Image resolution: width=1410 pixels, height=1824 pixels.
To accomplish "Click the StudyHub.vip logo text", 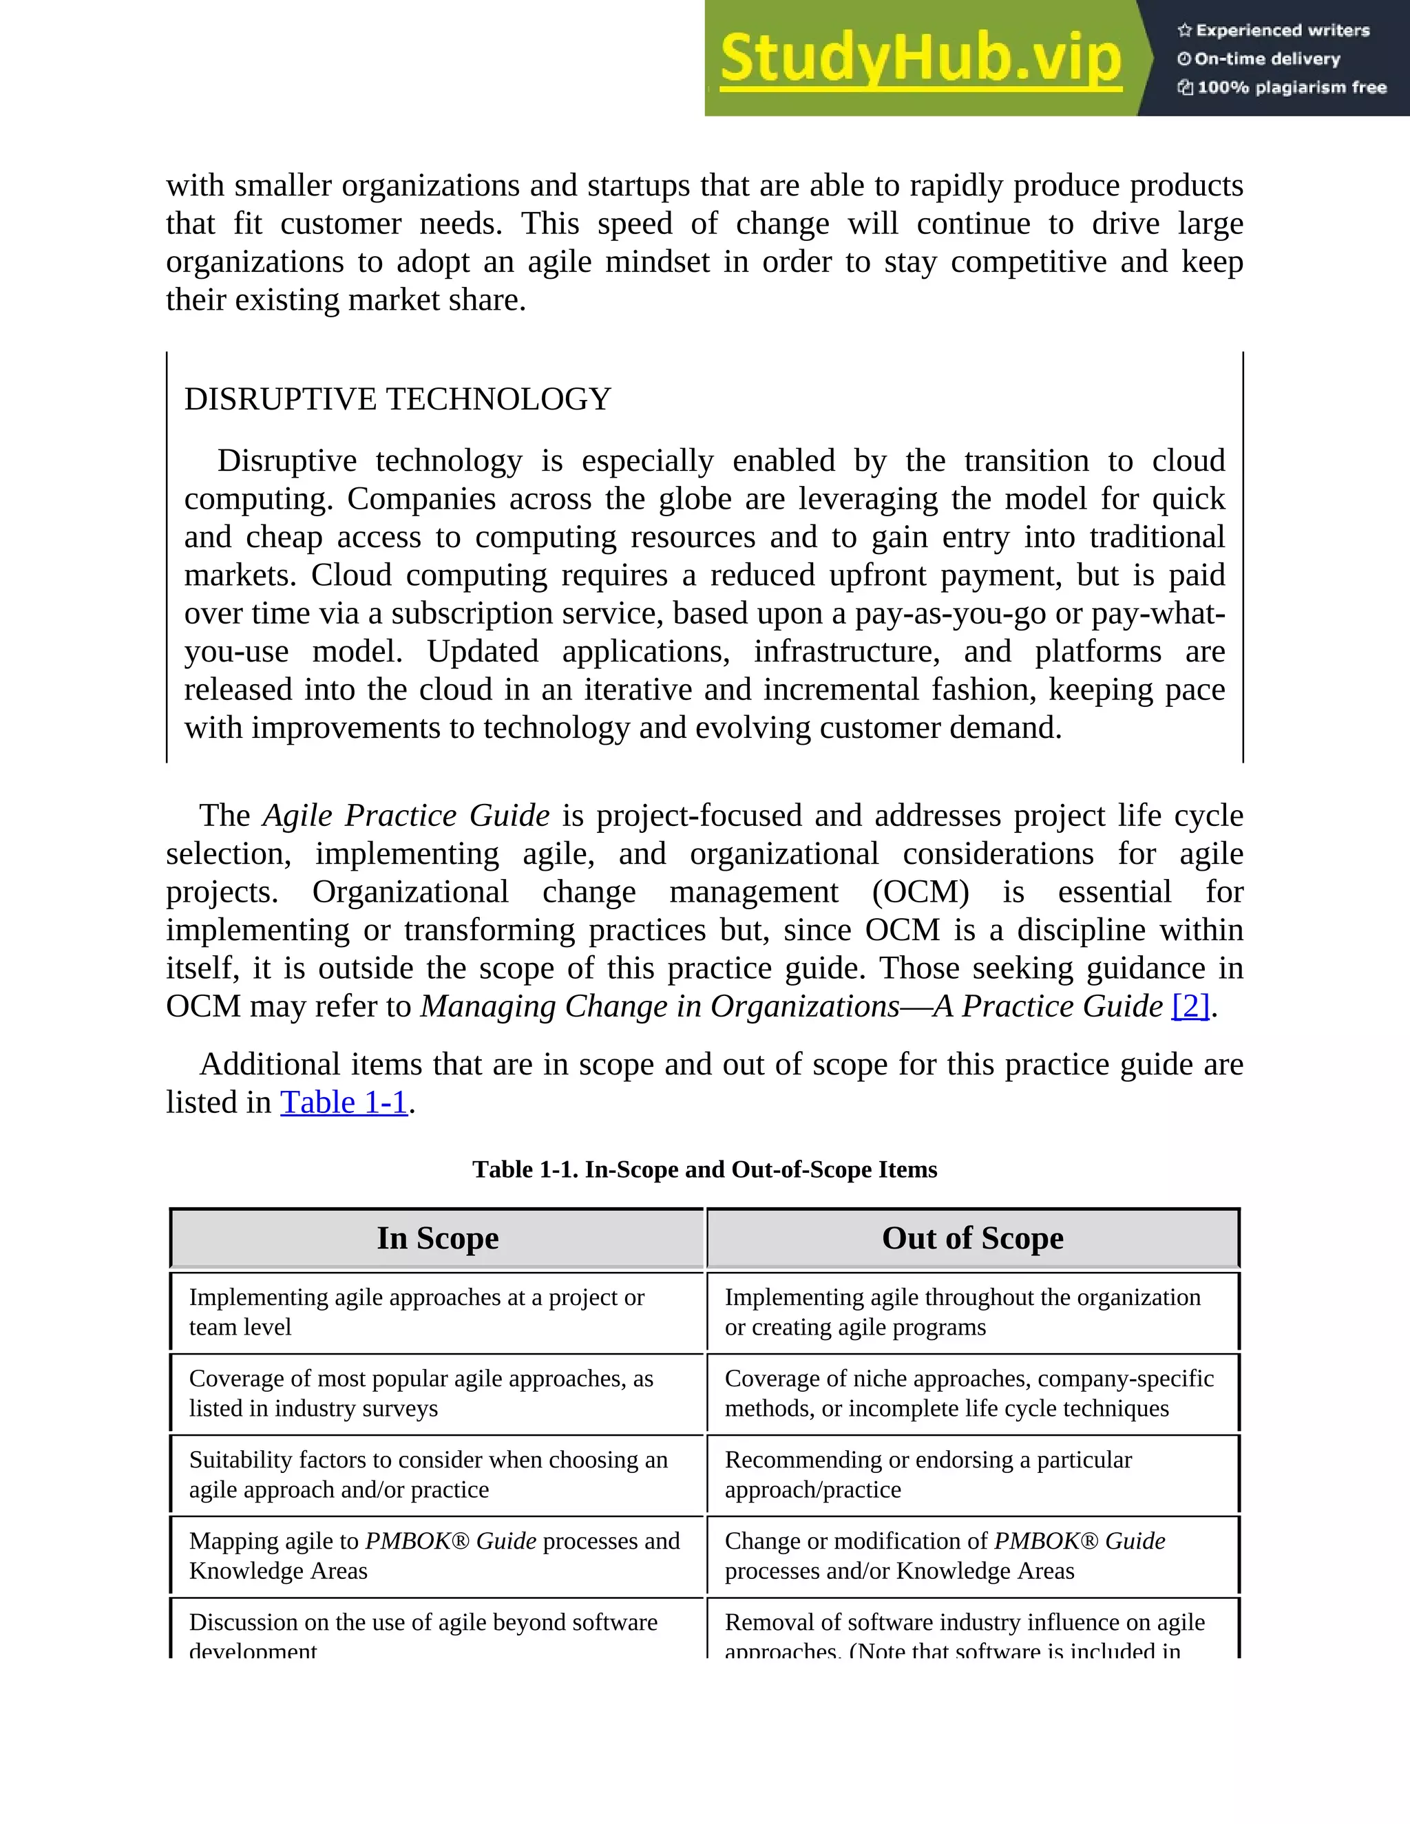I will pyautogui.click(x=920, y=59).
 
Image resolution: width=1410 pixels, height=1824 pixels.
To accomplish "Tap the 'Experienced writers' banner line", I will pyautogui.click(x=1274, y=31).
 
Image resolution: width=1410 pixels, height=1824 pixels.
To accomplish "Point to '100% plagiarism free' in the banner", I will pyautogui.click(x=1282, y=87).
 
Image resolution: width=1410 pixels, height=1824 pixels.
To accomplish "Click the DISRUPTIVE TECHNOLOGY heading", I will pyautogui.click(x=398, y=399).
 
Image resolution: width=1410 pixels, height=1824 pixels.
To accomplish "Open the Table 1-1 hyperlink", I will pyautogui.click(x=344, y=1103).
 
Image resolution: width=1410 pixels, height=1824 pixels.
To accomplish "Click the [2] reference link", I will pyautogui.click(x=1190, y=1006).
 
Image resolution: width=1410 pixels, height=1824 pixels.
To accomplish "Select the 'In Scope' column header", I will pyautogui.click(x=438, y=1238).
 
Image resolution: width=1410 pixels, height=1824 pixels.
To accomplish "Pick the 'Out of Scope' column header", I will pyautogui.click(x=972, y=1238).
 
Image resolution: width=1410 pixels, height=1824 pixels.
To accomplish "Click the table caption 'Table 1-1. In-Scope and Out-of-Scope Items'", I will pyautogui.click(x=704, y=1169).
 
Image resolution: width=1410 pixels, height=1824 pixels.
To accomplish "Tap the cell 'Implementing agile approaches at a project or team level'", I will pyautogui.click(x=416, y=1312).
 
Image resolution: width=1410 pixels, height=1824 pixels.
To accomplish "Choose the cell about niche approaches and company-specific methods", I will pyautogui.click(x=969, y=1393).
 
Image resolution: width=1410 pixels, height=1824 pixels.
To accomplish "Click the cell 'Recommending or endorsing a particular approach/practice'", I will pyautogui.click(x=928, y=1474).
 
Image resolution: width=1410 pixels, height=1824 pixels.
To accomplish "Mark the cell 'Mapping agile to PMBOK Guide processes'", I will pyautogui.click(x=434, y=1555).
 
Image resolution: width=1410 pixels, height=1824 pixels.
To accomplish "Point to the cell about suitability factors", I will pyautogui.click(x=428, y=1474).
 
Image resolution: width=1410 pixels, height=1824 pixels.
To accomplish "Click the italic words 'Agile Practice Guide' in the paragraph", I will pyautogui.click(x=406, y=816).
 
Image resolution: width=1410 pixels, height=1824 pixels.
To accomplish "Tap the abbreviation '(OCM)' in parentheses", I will pyautogui.click(x=920, y=892).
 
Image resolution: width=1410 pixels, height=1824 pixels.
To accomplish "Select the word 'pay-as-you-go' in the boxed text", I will pyautogui.click(x=949, y=614).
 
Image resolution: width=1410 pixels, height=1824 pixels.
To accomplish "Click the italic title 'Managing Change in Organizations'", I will pyautogui.click(x=660, y=1006).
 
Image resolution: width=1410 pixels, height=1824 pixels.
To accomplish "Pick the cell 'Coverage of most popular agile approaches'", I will pyautogui.click(x=421, y=1393).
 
